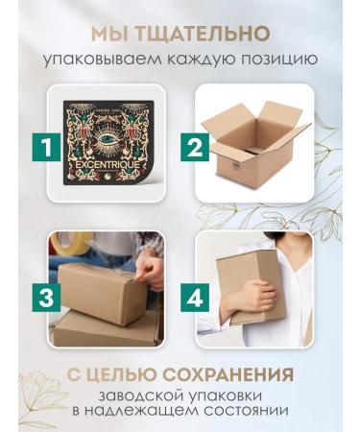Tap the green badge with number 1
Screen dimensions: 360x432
coord(46,148)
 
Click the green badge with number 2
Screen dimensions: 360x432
coord(195,148)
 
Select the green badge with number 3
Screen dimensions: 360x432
coord(46,298)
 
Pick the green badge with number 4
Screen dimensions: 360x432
coord(195,298)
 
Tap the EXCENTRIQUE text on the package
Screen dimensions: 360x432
coord(108,165)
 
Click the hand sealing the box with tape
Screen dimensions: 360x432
coord(151,273)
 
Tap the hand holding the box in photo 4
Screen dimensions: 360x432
coord(253,298)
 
